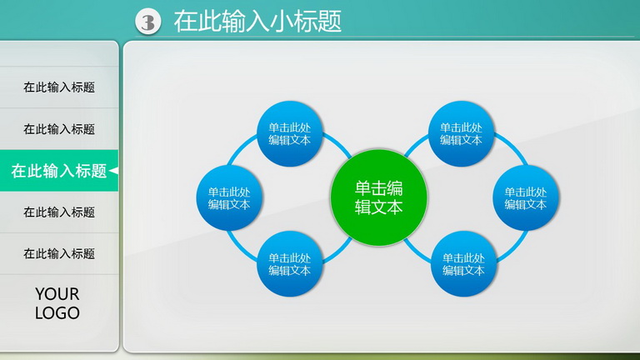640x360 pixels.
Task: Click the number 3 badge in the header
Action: click(x=147, y=21)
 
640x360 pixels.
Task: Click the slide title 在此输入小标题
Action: click(x=257, y=21)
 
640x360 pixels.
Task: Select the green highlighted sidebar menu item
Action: click(x=59, y=171)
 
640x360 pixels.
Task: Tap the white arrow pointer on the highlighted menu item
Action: click(x=114, y=171)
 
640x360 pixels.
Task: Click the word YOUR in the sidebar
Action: click(x=57, y=294)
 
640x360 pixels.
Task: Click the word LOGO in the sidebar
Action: click(x=57, y=313)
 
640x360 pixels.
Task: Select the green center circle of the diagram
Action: click(x=379, y=197)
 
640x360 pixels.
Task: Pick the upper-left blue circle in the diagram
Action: click(x=290, y=134)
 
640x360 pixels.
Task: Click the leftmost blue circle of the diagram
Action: click(x=229, y=198)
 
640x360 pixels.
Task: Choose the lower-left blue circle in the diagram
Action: click(x=290, y=263)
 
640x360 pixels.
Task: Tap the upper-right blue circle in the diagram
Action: click(x=461, y=134)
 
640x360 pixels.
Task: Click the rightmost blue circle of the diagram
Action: click(x=526, y=198)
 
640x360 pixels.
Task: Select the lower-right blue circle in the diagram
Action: click(x=463, y=263)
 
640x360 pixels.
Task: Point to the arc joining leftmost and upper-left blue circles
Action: click(x=241, y=147)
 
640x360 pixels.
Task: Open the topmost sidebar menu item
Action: click(x=59, y=87)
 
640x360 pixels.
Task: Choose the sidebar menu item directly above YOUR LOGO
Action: click(x=59, y=254)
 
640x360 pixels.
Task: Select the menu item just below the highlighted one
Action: click(x=59, y=212)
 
